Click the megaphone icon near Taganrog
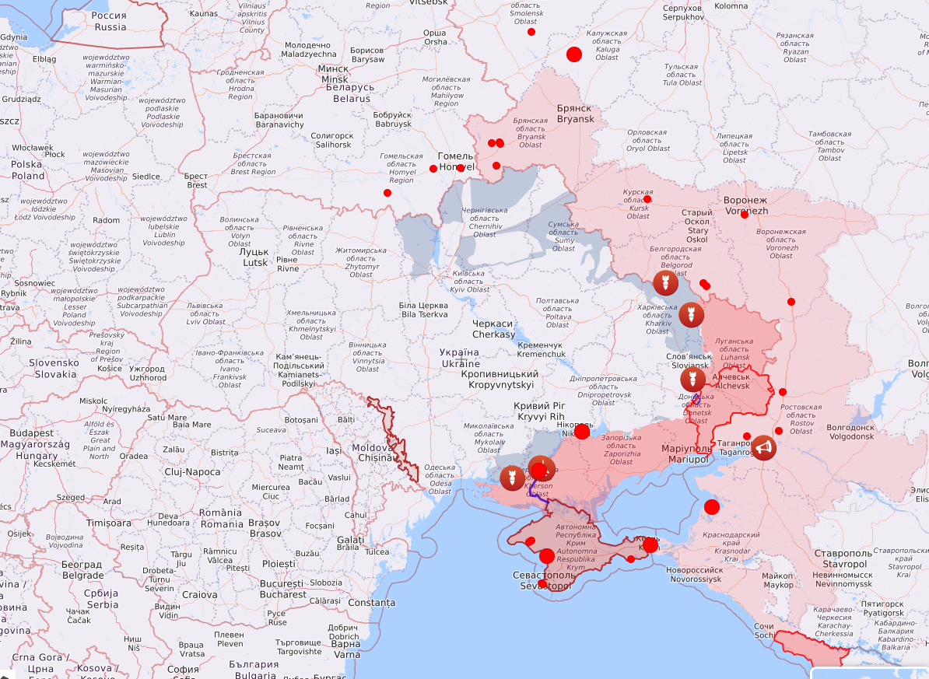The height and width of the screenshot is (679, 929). (x=763, y=448)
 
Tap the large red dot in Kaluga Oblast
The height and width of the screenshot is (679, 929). (x=574, y=54)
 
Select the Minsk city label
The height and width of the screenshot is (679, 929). (x=334, y=74)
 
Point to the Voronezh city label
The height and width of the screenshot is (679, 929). (x=746, y=205)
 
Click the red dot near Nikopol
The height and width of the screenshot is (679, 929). (x=582, y=432)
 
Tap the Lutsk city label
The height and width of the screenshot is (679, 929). (x=254, y=257)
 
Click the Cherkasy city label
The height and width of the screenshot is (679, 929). (x=493, y=329)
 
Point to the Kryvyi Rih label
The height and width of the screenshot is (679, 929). (x=539, y=411)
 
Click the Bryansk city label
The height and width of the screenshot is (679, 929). (x=575, y=114)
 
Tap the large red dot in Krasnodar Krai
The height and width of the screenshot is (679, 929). (x=712, y=507)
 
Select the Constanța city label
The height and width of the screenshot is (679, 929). (x=371, y=603)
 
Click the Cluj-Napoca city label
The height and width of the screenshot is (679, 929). (x=192, y=472)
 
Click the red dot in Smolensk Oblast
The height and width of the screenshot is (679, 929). (x=531, y=32)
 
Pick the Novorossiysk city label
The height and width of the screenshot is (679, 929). (x=695, y=574)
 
